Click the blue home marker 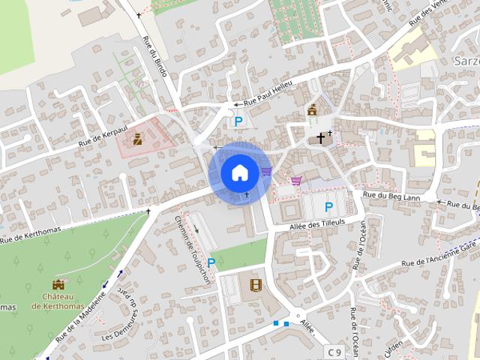pyautogui.click(x=238, y=172)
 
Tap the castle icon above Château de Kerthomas pyautogui.click(x=58, y=285)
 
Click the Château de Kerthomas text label pyautogui.click(x=58, y=301)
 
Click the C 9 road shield pyautogui.click(x=334, y=351)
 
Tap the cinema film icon pyautogui.click(x=257, y=285)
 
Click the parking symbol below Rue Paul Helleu pyautogui.click(x=238, y=121)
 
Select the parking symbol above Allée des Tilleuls pyautogui.click(x=328, y=206)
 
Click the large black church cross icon pyautogui.click(x=321, y=138)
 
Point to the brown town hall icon pyautogui.click(x=312, y=111)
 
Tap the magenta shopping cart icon pyautogui.click(x=296, y=180)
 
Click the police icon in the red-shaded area pyautogui.click(x=138, y=138)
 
